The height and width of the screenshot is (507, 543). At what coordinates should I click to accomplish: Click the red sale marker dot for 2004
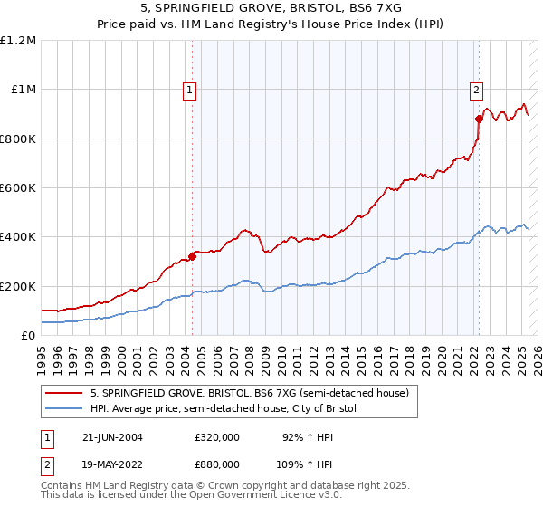tap(193, 256)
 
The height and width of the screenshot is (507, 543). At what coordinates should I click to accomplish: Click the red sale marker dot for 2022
tap(479, 119)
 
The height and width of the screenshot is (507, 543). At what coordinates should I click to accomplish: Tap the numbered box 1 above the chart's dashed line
tap(190, 89)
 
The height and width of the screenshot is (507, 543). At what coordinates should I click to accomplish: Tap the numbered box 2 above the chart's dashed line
tap(476, 89)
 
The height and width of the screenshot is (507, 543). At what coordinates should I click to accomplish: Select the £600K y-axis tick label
tap(18, 188)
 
